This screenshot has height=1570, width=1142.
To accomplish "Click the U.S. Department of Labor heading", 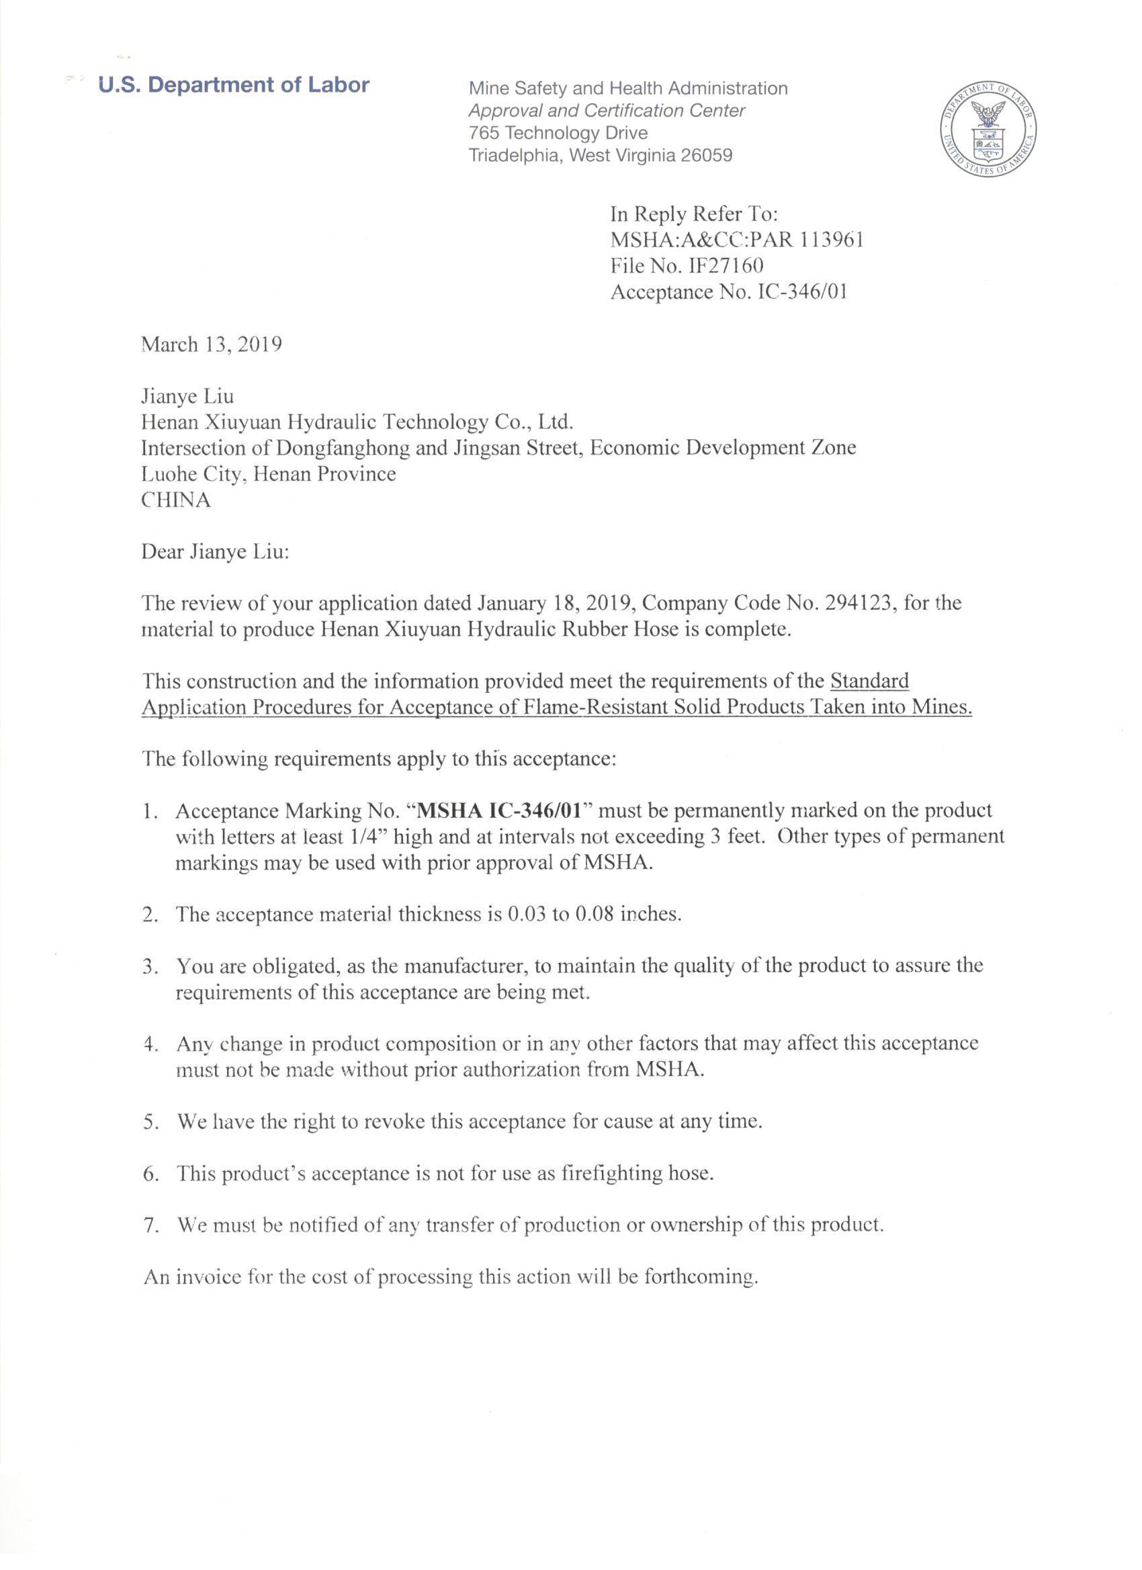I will [234, 85].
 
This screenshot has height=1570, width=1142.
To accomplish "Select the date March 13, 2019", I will [211, 344].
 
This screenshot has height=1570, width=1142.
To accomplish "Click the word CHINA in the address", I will [176, 500].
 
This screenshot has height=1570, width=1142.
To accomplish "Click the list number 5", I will [150, 1121].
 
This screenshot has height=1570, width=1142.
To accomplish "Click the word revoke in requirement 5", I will [394, 1121].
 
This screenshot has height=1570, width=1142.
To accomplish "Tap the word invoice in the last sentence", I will [210, 1277].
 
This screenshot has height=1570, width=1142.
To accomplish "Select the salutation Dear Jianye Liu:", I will [216, 552].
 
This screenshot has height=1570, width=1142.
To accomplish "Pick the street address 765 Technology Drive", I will [558, 133].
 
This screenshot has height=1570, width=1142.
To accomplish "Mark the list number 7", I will [150, 1226].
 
